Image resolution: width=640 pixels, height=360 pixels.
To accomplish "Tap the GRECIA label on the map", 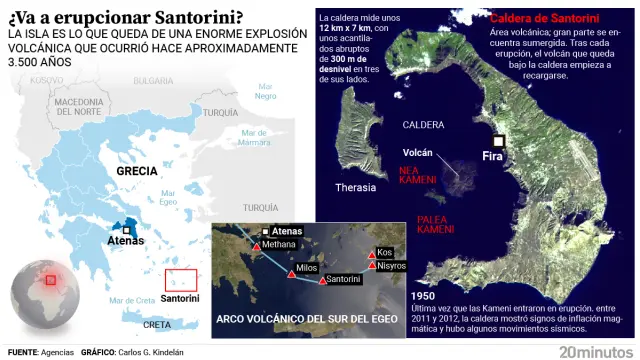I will [137, 171].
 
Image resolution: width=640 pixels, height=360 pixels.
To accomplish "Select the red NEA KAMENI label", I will [417, 174].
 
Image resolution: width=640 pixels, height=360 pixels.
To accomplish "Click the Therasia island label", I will [355, 187].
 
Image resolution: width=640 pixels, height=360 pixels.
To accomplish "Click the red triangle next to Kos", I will [372, 253].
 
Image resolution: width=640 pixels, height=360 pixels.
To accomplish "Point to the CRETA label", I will [158, 324].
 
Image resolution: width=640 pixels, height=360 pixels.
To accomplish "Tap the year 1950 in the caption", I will [423, 296].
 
